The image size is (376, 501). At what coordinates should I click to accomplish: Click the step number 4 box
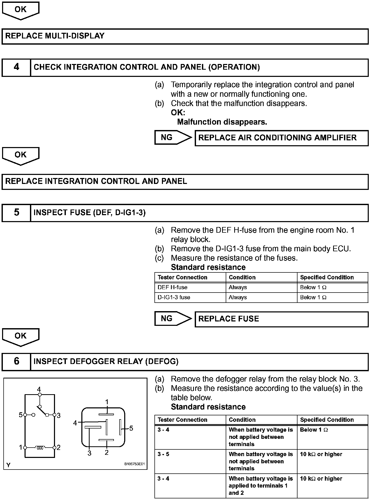pyautogui.click(x=16, y=67)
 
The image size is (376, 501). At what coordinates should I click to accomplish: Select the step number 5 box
pyautogui.click(x=16, y=213)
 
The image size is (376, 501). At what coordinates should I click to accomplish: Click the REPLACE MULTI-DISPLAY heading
pyautogui.click(x=55, y=36)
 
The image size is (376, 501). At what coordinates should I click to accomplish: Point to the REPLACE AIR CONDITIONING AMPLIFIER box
pyautogui.click(x=281, y=138)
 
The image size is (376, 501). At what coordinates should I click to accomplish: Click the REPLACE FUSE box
pyautogui.click(x=281, y=319)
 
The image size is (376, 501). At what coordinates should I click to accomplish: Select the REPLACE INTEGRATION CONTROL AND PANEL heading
pyautogui.click(x=96, y=181)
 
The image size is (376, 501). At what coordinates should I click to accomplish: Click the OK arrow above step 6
pyautogui.click(x=21, y=336)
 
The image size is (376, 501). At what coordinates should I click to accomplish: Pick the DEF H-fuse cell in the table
pyautogui.click(x=173, y=287)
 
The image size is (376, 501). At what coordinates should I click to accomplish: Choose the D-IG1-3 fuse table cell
pyautogui.click(x=174, y=297)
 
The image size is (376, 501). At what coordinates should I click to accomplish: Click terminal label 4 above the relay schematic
pyautogui.click(x=39, y=389)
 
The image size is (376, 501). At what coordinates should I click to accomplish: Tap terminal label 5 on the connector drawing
pyautogui.click(x=131, y=428)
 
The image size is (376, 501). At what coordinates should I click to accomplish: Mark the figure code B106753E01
pyautogui.click(x=135, y=464)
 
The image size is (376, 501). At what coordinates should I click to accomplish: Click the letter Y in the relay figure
pyautogui.click(x=9, y=465)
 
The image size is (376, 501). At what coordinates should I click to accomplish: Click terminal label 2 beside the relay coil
pyautogui.click(x=59, y=448)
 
